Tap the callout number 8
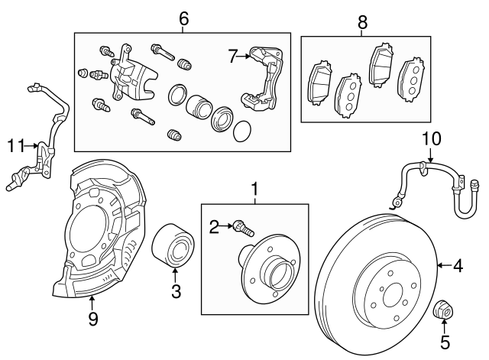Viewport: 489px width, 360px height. coord(362,23)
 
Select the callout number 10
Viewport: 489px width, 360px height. coord(432,139)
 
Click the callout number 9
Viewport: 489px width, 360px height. coord(92,319)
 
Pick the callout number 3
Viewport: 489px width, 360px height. coord(175,290)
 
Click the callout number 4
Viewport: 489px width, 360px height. coord(458,266)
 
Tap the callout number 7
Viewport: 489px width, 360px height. coord(234,55)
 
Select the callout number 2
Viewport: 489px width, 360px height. coord(215,225)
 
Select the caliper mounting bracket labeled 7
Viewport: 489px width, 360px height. coord(263,80)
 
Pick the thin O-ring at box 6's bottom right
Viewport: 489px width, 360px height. coord(241,131)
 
